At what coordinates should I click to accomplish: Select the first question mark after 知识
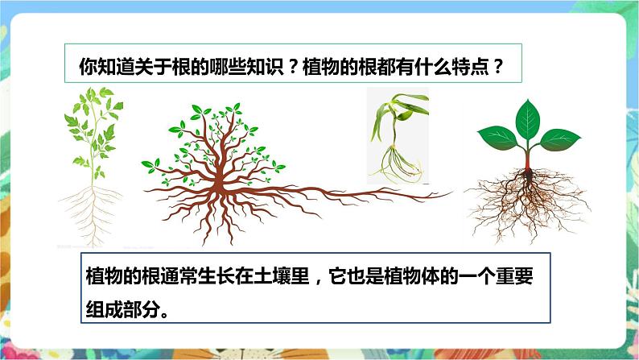click(293, 66)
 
